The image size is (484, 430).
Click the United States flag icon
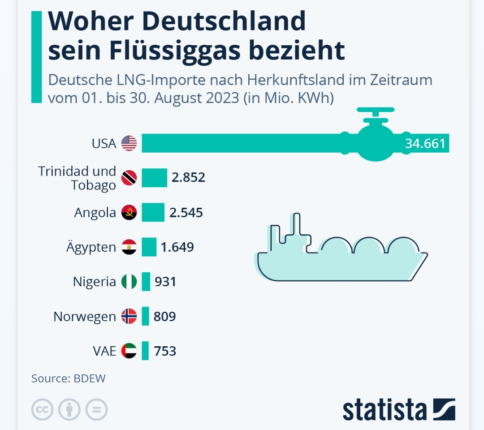tap(129, 143)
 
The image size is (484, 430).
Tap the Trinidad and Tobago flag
tap(129, 178)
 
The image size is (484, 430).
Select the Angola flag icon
tap(129, 212)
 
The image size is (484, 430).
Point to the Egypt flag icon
tap(129, 247)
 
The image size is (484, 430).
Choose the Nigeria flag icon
tap(129, 282)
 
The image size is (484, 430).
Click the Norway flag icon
tap(129, 316)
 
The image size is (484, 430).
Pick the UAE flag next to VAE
tap(129, 351)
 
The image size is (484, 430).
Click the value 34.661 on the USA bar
tap(425, 143)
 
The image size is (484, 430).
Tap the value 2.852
tap(188, 177)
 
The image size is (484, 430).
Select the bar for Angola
tap(153, 212)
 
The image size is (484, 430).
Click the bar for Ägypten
tap(149, 247)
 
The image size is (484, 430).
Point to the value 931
tap(165, 282)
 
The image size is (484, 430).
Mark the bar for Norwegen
tap(145, 316)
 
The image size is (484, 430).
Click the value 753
tap(165, 351)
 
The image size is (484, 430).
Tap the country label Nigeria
tap(94, 282)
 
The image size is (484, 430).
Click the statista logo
tap(398, 409)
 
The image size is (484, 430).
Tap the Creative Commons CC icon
tap(42, 409)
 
